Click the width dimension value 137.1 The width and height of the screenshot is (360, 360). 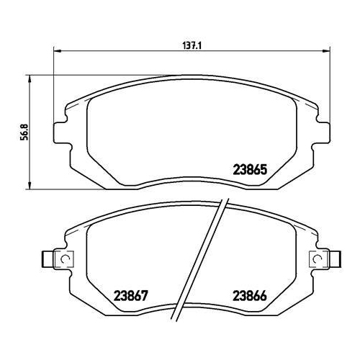point(192,45)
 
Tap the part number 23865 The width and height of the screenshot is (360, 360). point(250,170)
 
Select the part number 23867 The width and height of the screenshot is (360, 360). point(130,296)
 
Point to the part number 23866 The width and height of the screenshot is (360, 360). point(250,296)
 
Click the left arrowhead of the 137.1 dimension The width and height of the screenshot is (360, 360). point(57,51)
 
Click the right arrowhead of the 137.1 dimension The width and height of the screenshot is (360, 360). point(326,51)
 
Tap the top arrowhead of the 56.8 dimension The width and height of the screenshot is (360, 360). point(30,79)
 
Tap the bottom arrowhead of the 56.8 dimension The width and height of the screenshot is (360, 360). point(30,185)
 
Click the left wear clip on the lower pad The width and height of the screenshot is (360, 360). point(58,259)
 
